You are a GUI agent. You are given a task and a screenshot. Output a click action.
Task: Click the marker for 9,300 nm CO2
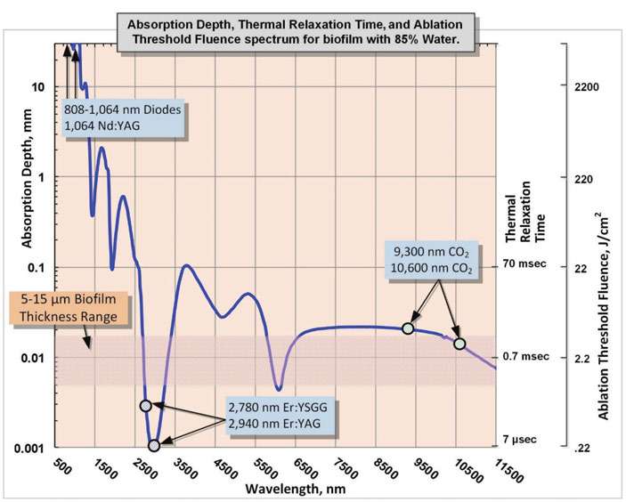[408, 328]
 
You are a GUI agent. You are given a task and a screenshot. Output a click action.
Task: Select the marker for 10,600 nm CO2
[459, 344]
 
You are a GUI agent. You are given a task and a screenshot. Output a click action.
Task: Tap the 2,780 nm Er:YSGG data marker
[146, 406]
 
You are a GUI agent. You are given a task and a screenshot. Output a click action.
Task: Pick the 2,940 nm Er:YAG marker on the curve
[154, 445]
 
